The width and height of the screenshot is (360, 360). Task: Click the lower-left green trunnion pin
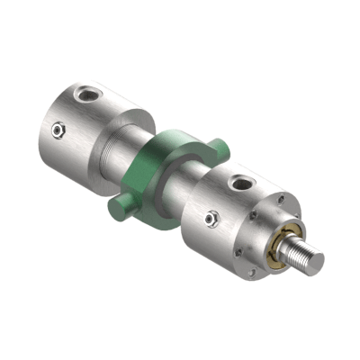pyautogui.click(x=119, y=208)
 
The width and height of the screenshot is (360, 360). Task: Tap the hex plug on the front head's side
pyautogui.click(x=211, y=218)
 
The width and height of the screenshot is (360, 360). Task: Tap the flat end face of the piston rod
pyautogui.click(x=318, y=262)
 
